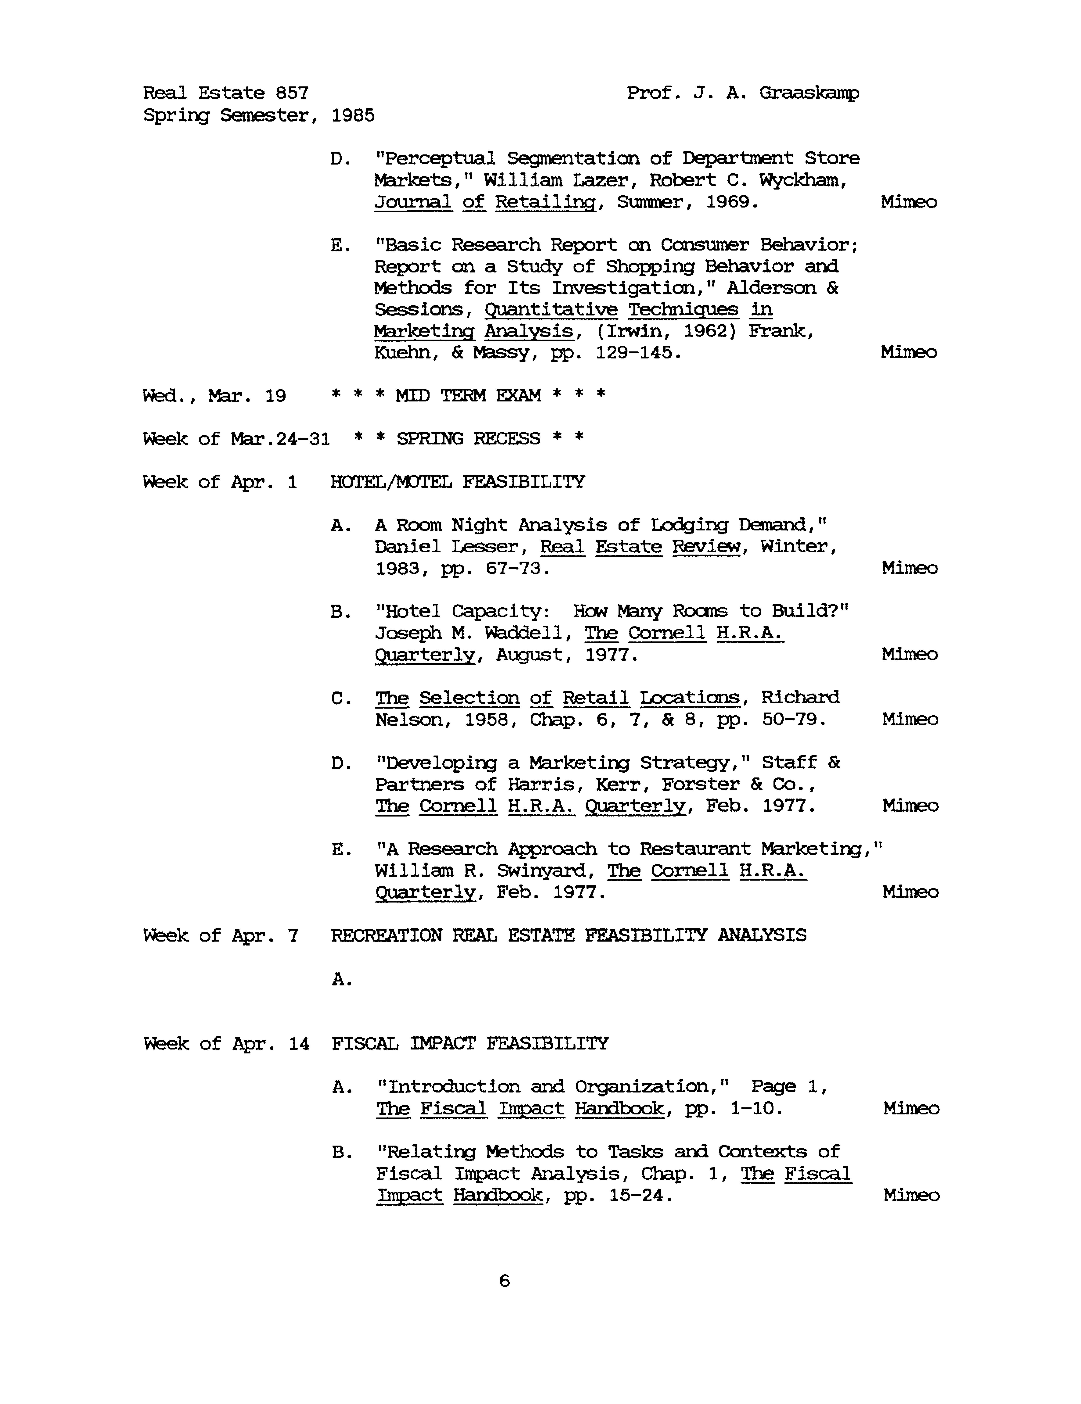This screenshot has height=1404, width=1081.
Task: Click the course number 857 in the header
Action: (292, 93)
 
